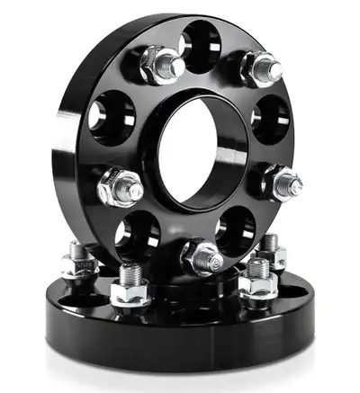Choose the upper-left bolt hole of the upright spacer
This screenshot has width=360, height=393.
pyautogui.click(x=112, y=114)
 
